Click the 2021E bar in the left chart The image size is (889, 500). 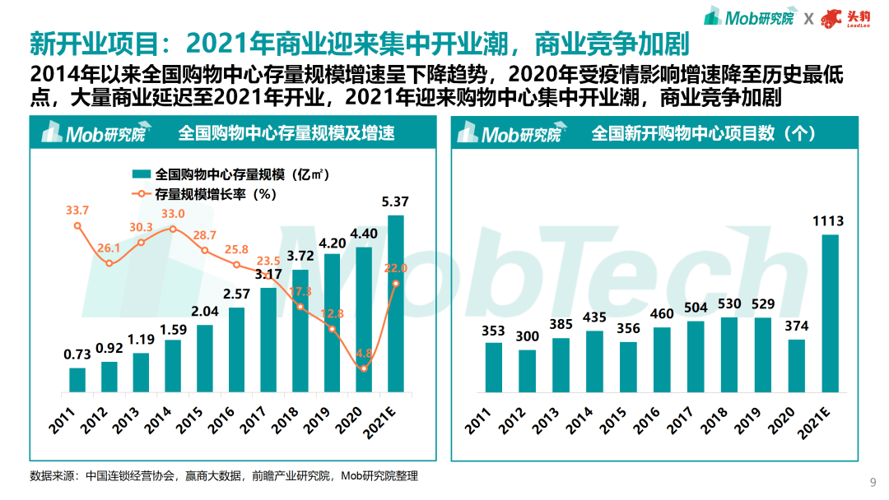pos(396,304)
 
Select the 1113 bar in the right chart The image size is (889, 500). pos(831,313)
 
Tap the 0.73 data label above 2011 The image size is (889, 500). pos(77,355)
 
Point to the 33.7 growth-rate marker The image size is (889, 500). pos(77,225)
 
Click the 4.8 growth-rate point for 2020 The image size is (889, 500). pos(364,368)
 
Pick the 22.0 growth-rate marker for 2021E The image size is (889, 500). pos(396,284)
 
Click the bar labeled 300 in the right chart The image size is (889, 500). pos(527,371)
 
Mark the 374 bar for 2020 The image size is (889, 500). pos(797,365)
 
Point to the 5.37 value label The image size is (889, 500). pos(396,201)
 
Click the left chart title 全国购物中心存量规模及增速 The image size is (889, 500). pos(286,133)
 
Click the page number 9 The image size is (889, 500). pos(873,481)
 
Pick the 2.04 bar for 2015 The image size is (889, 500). pos(205,359)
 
